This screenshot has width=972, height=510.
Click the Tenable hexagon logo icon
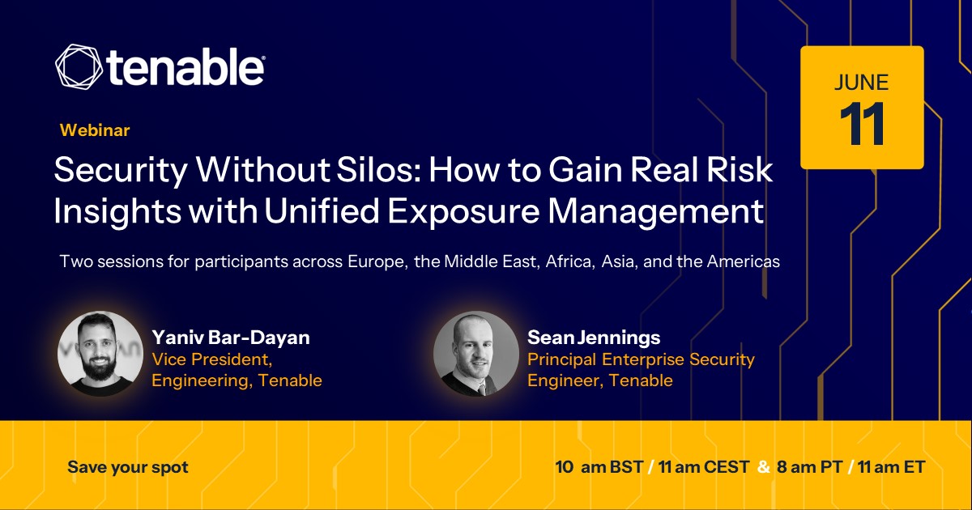pos(79,66)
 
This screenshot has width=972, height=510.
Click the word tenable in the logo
pos(185,66)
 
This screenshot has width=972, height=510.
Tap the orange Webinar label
pos(95,130)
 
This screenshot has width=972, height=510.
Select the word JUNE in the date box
pos(861,83)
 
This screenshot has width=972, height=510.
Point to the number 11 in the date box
pos(862,124)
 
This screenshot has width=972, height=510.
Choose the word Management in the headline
pos(655,211)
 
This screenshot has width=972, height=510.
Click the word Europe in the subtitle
pos(378,261)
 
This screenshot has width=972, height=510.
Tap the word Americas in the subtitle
pos(744,261)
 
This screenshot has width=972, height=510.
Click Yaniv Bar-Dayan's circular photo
pos(100,354)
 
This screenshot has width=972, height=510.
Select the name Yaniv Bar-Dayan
pos(231,338)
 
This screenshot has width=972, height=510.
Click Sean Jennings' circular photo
pos(476,354)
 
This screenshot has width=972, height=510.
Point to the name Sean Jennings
pos(594,338)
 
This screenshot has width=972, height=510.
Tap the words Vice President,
pos(211,359)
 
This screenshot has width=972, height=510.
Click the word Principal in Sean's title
pos(562,359)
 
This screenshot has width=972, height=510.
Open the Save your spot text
pos(128,468)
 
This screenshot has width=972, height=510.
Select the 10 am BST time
pos(599,467)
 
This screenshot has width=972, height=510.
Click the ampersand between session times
pos(763,467)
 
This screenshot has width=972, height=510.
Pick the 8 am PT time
pos(810,467)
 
